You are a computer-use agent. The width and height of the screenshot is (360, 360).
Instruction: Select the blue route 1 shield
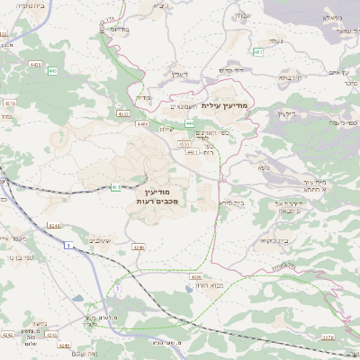[67, 245]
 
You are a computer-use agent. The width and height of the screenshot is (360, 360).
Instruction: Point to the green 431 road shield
[117, 187]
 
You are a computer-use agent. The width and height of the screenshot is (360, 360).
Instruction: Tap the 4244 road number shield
[55, 226]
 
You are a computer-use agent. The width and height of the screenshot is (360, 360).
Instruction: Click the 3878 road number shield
[327, 337]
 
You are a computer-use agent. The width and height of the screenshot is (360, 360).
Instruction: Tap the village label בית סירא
[229, 203]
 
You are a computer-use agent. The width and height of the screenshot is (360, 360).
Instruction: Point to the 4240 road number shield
[138, 246]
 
